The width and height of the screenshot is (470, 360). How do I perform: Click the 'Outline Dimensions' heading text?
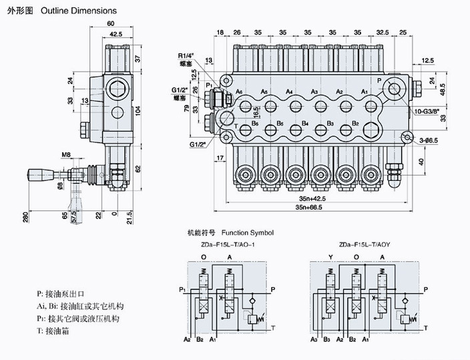pos(78,11)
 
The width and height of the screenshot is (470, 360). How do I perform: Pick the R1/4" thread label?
pos(188,55)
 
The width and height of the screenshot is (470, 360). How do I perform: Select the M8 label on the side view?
pos(66,155)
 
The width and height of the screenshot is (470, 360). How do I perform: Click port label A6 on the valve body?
pos(240,92)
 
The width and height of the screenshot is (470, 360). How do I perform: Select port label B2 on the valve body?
pos(356,124)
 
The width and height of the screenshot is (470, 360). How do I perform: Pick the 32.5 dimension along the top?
pos(383,32)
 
